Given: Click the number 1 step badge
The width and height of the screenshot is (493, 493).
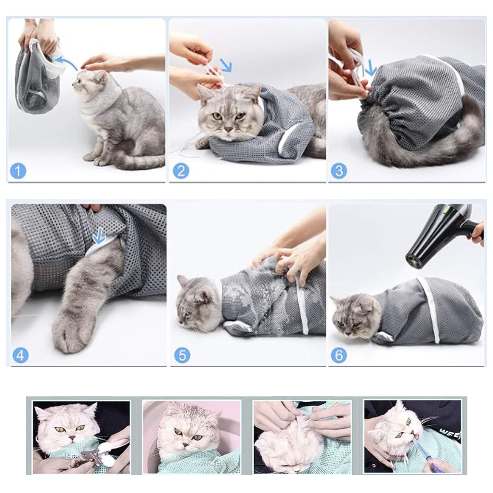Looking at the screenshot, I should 18,171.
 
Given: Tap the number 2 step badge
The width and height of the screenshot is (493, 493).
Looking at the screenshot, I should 181,171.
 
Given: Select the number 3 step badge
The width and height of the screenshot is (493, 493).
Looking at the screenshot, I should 339,171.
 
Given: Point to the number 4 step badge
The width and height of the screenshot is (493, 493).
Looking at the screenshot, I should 20,355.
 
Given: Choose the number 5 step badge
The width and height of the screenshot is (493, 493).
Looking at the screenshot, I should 182,355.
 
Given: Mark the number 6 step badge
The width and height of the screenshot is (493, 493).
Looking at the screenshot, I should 339,355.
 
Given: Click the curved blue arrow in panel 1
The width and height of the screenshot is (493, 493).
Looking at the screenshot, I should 65,62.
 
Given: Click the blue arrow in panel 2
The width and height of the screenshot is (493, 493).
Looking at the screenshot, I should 225,65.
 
